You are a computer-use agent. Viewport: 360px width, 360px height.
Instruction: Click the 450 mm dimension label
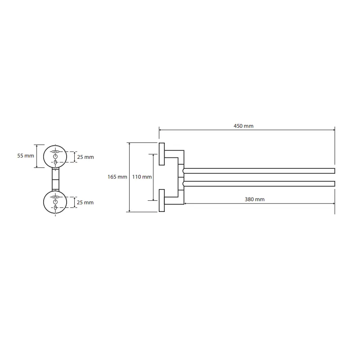243,126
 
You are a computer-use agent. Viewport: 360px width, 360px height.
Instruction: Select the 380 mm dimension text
254,199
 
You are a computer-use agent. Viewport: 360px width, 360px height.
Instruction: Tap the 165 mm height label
117,177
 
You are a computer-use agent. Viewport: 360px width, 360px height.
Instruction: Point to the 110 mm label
142,177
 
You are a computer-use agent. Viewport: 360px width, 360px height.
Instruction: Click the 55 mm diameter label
26,156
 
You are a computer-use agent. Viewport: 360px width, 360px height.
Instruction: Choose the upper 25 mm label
85,157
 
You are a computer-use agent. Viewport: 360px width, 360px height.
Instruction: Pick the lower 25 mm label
85,202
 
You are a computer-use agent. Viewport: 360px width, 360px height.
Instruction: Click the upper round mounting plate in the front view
44,157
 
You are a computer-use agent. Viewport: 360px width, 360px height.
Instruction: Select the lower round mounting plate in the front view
44,202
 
